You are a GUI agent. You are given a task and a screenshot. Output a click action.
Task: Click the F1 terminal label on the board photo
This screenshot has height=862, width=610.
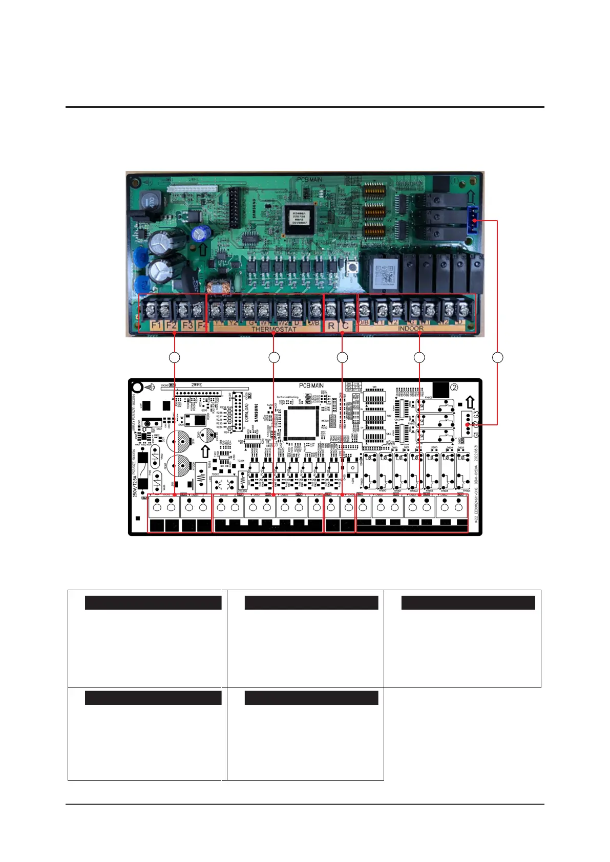coord(156,326)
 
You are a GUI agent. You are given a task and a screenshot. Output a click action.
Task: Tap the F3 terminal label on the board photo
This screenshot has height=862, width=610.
coord(187,326)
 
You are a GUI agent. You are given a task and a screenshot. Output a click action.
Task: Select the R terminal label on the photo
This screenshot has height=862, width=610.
coord(331,326)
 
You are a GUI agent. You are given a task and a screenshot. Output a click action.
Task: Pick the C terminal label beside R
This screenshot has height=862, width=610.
coord(346,326)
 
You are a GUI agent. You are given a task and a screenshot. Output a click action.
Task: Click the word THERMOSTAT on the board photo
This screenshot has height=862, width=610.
coord(274,329)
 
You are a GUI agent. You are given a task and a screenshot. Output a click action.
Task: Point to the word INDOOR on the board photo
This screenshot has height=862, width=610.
coord(411,328)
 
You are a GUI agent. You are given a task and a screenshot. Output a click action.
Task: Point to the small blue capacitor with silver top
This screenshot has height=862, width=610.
coord(199,233)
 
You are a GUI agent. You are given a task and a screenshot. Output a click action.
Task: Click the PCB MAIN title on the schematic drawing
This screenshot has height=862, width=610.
coord(311,385)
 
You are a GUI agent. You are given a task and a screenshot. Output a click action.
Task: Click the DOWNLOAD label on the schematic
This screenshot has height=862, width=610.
coord(246,412)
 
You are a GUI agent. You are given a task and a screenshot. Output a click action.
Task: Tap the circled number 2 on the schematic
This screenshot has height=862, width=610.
coord(454,387)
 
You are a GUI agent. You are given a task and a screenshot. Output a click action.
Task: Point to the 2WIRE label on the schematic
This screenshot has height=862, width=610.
coord(197,384)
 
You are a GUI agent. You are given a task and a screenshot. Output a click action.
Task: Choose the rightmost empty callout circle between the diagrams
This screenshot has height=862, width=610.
coord(497,357)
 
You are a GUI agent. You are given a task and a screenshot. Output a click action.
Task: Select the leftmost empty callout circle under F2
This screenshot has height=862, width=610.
coord(175,357)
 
